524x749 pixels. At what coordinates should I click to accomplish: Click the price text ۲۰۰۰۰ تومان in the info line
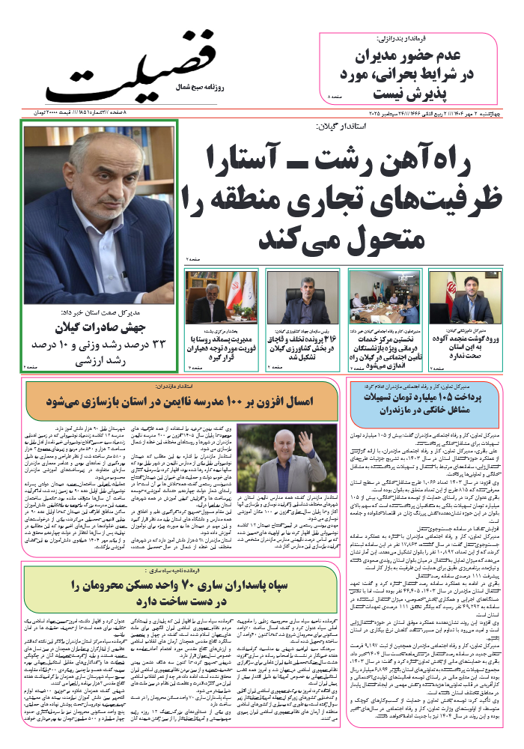(67, 112)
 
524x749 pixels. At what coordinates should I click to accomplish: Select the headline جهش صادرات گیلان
(102, 327)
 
